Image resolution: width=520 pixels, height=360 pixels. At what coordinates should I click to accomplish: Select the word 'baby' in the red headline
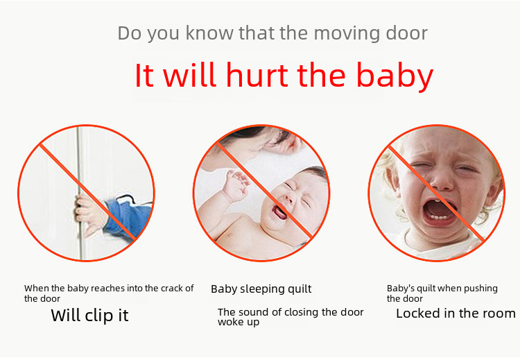[395, 76]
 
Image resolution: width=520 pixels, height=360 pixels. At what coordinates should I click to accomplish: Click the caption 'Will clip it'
[89, 315]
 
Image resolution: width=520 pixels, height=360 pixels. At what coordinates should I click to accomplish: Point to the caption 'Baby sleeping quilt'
[261, 289]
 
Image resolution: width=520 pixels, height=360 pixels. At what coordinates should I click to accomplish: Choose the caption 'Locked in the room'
[456, 314]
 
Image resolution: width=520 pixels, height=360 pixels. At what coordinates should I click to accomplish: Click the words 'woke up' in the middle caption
[239, 322]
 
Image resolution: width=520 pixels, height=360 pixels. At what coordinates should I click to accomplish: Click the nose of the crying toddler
[441, 183]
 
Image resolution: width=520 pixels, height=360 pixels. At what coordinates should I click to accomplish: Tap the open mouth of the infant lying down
[279, 212]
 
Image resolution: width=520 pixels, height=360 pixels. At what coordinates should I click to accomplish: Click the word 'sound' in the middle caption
[253, 312]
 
